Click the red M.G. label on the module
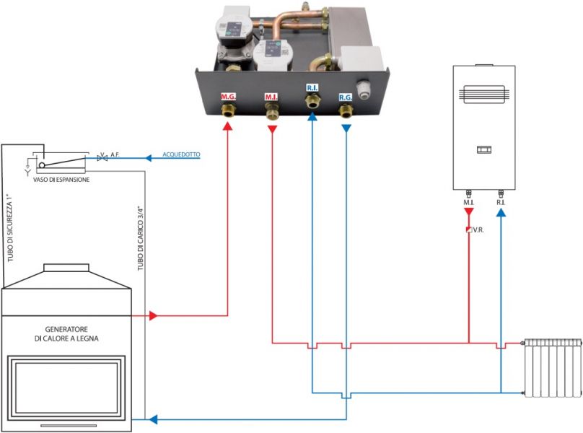228,97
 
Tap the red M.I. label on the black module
271,97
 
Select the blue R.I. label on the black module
312,88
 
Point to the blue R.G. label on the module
346,97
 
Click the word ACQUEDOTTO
181,154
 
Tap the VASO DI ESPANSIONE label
61,180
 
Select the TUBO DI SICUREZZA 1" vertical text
10,227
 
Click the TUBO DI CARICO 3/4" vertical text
141,238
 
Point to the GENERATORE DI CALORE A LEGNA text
66,333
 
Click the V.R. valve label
478,230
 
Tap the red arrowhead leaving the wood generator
153,315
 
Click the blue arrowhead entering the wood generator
153,419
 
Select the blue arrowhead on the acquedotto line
149,158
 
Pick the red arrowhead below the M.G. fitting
227,126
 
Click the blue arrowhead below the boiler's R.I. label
501,212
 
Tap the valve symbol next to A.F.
102,158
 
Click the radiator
552,367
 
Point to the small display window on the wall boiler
484,149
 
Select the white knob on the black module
363,88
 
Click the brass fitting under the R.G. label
346,111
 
